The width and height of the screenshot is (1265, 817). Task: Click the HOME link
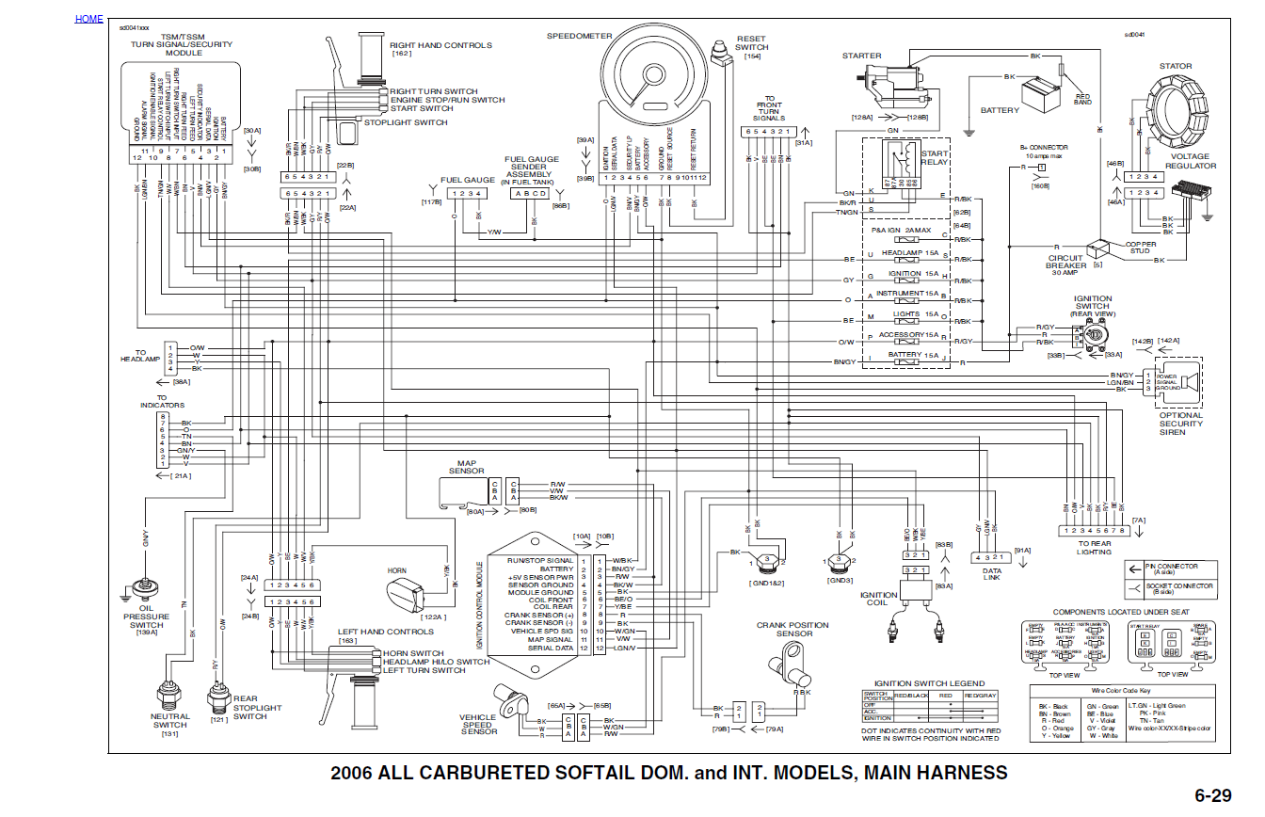[x=89, y=19]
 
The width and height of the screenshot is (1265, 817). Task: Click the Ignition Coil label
[x=878, y=600]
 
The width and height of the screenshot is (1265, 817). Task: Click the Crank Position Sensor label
[x=793, y=629]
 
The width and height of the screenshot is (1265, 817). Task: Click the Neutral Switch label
[x=170, y=721]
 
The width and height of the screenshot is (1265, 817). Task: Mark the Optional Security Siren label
[x=1180, y=424]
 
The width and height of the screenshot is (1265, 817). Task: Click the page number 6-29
[x=1212, y=795]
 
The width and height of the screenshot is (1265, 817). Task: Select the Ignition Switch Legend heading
[x=929, y=683]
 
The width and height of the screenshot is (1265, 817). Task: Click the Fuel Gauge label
[x=467, y=180]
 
